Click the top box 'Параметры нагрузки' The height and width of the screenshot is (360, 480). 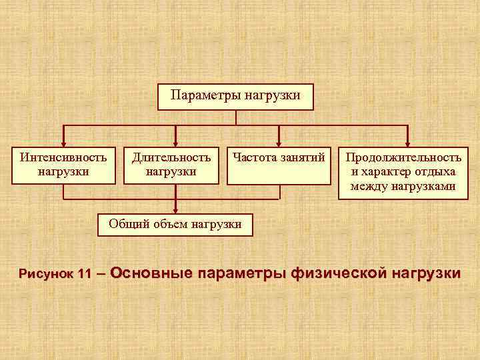pyautogui.click(x=235, y=97)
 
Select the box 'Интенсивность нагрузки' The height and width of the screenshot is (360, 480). pyautogui.click(x=64, y=165)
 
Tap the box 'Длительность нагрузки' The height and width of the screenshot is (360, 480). pyautogui.click(x=171, y=165)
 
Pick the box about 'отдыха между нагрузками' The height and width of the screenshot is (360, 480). pyautogui.click(x=403, y=171)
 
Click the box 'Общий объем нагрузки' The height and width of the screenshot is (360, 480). pyautogui.click(x=175, y=224)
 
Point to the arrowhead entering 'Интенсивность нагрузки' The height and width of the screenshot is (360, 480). pyautogui.click(x=63, y=141)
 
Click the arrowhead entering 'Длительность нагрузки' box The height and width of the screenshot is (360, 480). pyautogui.click(x=175, y=141)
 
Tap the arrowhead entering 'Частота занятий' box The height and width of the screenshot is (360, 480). pyautogui.click(x=279, y=141)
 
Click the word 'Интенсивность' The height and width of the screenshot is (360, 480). pyautogui.click(x=64, y=158)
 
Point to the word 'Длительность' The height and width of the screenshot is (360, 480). pyautogui.click(x=171, y=158)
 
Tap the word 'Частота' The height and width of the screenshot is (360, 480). pyautogui.click(x=251, y=158)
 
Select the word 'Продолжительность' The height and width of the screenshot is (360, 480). pyautogui.click(x=403, y=158)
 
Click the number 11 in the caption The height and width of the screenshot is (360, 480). pyautogui.click(x=83, y=275)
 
